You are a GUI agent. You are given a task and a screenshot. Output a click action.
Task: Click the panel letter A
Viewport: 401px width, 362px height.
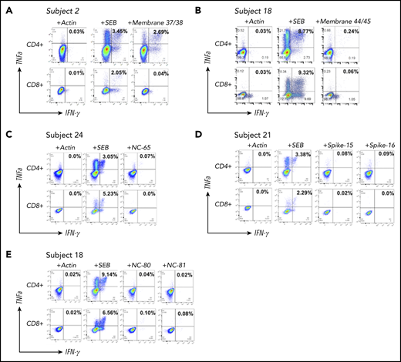5,8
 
